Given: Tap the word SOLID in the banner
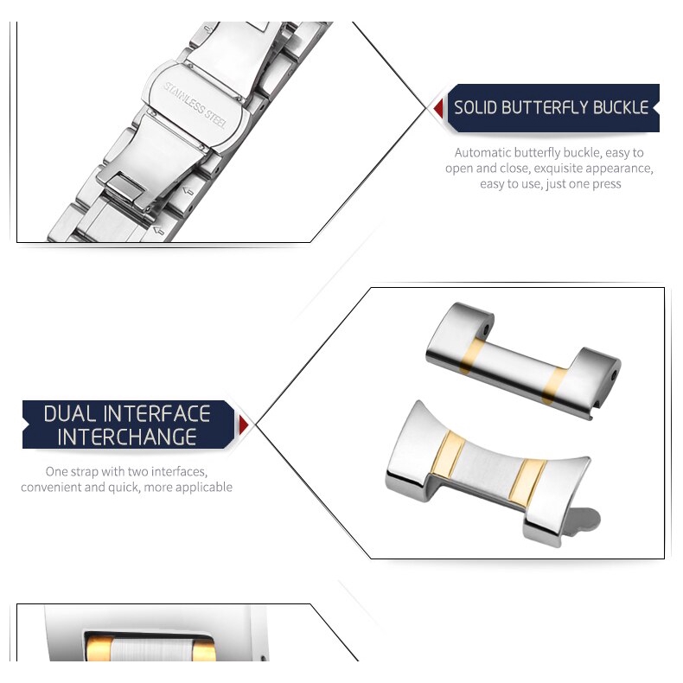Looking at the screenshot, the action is pos(476,107).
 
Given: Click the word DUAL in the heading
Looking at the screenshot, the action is pos(70,414).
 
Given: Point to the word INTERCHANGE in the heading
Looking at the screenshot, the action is pos(127,437).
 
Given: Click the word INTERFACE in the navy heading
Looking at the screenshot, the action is pos(156,414).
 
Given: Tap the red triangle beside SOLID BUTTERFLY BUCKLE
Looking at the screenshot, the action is pos(438,108).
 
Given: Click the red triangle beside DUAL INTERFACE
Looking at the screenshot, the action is pos(244,424).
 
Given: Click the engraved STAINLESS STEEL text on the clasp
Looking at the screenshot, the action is pos(195,105).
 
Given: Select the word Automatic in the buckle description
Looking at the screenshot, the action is pos(483,152).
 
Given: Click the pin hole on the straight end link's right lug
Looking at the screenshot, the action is pos(614,374).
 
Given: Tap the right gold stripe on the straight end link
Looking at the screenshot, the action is pos(553,386).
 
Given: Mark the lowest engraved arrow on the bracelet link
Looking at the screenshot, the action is pos(158,231).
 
